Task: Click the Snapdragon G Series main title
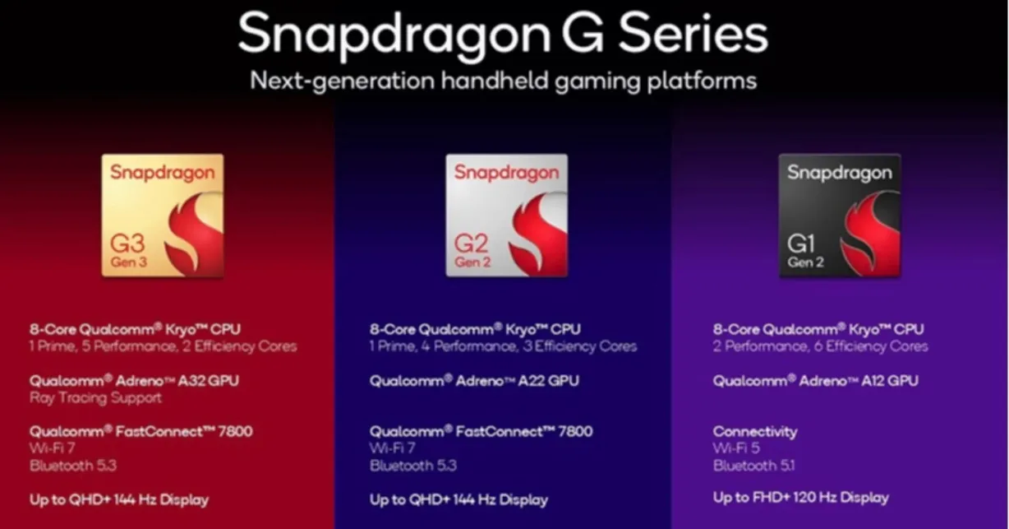(503, 35)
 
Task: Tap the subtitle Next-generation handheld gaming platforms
(503, 81)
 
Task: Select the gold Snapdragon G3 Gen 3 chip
(162, 216)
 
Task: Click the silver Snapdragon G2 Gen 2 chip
(506, 216)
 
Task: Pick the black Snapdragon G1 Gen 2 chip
(840, 216)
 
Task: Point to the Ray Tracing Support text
(95, 398)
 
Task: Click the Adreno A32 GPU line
(134, 381)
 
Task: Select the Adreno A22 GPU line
(474, 381)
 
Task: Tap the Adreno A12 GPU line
(816, 381)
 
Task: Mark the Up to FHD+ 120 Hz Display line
(800, 497)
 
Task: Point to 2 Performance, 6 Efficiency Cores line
(820, 346)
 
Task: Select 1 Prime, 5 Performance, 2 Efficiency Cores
(163, 346)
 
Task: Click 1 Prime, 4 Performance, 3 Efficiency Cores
(503, 346)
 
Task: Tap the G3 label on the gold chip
(127, 244)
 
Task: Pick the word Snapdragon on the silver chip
(506, 173)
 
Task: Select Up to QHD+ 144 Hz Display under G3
(119, 499)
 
